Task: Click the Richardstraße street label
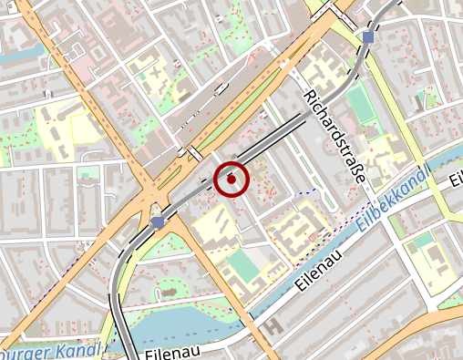(334, 137)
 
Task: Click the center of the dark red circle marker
(231, 180)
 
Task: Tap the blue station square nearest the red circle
(159, 221)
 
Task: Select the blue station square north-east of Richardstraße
(367, 37)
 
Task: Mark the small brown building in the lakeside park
(168, 293)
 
